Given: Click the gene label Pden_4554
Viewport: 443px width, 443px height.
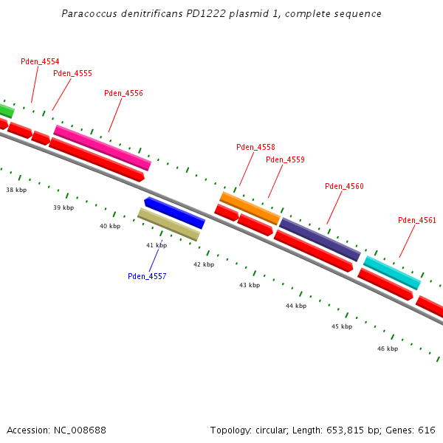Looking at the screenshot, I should click(40, 61).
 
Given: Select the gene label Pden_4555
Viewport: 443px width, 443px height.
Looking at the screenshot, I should click(72, 73).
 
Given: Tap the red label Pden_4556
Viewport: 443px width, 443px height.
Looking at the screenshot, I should click(123, 93).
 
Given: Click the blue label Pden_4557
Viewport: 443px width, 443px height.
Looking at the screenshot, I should click(147, 276).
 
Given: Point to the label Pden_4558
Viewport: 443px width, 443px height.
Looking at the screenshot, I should click(255, 147).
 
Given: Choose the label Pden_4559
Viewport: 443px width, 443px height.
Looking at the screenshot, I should click(285, 159).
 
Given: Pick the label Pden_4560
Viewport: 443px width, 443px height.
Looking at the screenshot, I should click(344, 186).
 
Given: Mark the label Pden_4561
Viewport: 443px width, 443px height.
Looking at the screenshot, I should click(417, 220).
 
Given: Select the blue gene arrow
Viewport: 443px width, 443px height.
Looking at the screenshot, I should click(174, 213).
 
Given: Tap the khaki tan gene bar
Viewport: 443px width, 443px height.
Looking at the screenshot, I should click(168, 224).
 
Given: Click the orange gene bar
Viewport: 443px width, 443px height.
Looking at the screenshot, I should click(250, 207).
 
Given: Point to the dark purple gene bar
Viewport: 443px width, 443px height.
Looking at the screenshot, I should click(320, 239).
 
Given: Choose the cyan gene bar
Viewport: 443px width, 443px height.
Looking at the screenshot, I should click(392, 272).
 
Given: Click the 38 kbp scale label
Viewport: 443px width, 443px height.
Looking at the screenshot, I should click(16, 190).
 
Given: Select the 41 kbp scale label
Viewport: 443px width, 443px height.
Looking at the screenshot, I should click(157, 245).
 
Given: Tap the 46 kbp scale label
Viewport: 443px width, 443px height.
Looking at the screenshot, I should click(388, 348).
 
